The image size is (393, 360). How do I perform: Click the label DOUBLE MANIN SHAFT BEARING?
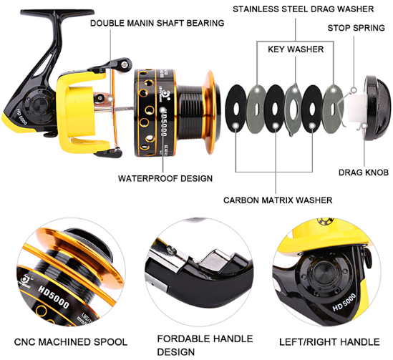click(x=157, y=23)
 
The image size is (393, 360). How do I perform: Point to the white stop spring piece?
click(x=354, y=107)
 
